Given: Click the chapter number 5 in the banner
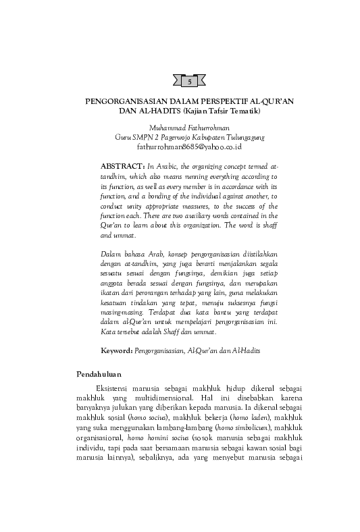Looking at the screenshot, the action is [x=188, y=81].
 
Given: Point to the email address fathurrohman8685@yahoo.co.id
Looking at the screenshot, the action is [x=189, y=145].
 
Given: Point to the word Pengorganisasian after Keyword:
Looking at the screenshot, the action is [x=159, y=352].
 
